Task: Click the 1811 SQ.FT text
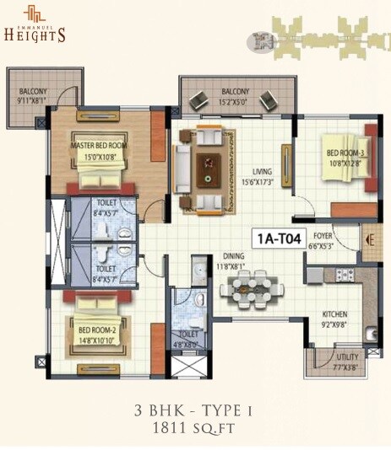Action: tap(195, 428)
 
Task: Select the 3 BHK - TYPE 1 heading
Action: tap(195, 410)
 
